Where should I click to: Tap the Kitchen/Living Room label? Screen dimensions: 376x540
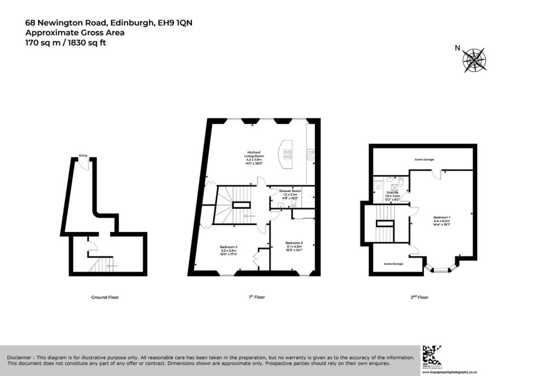(254, 154)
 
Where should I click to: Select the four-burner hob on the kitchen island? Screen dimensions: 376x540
(288, 155)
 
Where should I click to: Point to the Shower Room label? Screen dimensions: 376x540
(290, 190)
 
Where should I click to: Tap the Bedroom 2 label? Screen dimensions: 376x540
(228, 246)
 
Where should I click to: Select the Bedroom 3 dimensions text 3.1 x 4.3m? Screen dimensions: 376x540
(294, 247)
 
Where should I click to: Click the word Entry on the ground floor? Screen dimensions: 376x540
(83, 156)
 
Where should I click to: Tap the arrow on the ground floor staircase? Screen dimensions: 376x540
(112, 266)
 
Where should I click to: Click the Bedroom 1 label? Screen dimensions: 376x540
(442, 217)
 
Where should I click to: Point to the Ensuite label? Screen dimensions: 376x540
(393, 192)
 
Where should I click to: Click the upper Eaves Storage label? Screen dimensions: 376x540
(424, 159)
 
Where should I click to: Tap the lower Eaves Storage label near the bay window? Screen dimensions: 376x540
(393, 264)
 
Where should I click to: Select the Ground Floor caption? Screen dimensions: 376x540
(105, 297)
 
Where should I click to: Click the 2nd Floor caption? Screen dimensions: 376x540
(419, 297)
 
